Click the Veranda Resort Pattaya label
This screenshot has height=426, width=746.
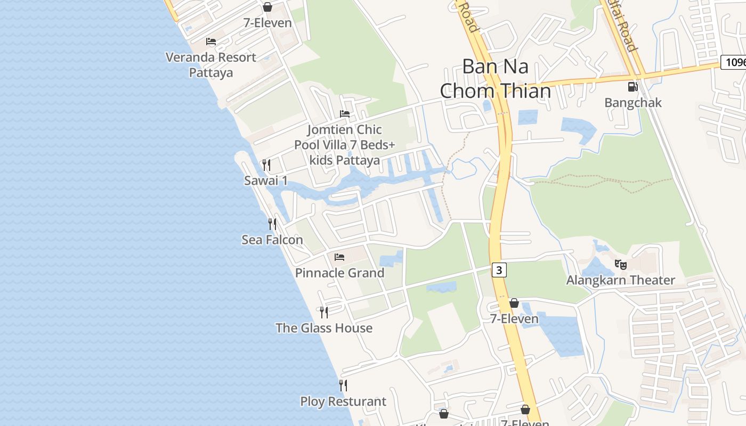[211, 64]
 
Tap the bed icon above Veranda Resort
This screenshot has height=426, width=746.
[211, 42]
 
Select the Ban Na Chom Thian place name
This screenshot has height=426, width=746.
[495, 79]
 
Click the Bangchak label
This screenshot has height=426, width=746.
[633, 102]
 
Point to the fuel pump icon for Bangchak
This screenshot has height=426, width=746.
[633, 86]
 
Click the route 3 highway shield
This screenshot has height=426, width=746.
[499, 270]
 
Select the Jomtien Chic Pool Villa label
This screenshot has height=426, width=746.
[337, 145]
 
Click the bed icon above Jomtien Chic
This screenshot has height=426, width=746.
[345, 114]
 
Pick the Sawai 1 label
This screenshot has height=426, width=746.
[266, 181]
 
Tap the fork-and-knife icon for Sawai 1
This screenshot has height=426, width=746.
[266, 165]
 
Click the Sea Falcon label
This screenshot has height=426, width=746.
[272, 240]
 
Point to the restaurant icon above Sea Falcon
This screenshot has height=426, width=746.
[272, 224]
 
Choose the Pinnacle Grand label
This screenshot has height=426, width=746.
[339, 273]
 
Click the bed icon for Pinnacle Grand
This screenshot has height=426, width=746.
[339, 257]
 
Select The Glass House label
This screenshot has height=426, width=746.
[324, 328]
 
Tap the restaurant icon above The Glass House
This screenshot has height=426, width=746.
[323, 312]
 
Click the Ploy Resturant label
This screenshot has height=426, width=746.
[343, 401]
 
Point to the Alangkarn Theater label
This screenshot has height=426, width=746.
[620, 280]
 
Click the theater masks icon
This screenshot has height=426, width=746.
[620, 264]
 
